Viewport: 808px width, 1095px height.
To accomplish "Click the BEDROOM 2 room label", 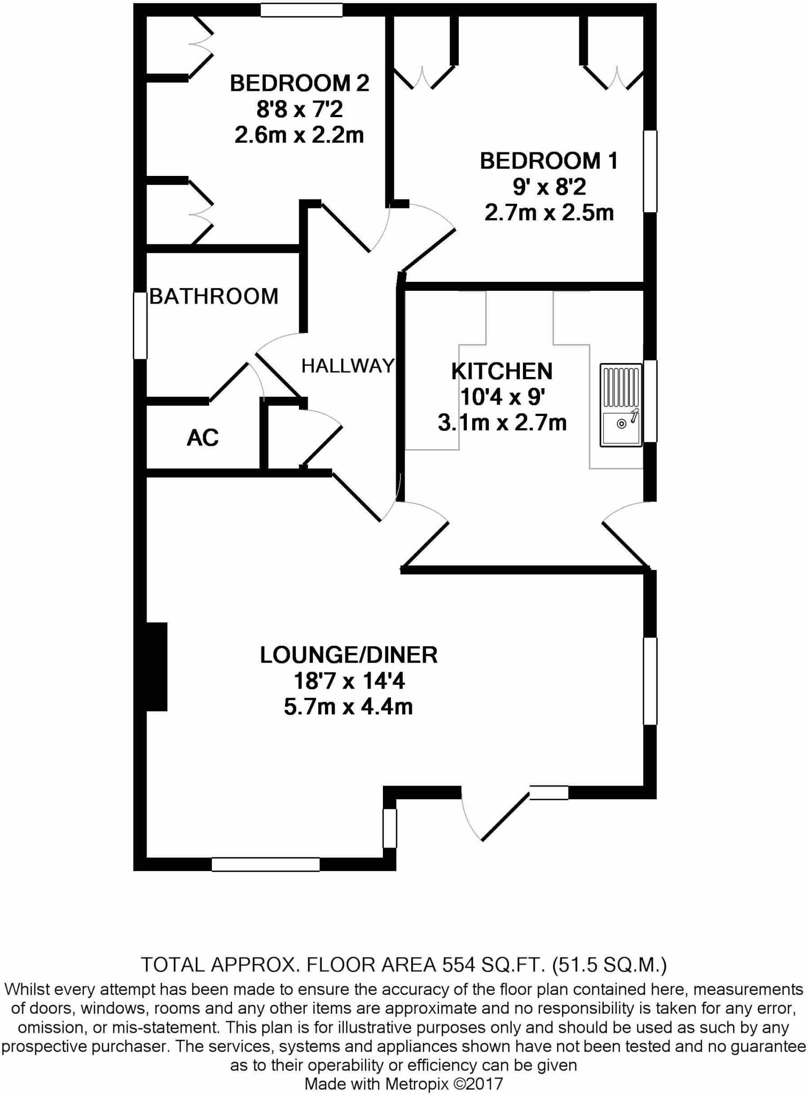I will pyautogui.click(x=299, y=83).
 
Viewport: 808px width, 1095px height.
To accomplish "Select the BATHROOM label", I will pyautogui.click(x=213, y=296).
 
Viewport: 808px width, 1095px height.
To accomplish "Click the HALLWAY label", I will pyautogui.click(x=348, y=366).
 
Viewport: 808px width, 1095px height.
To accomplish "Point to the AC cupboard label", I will pyautogui.click(x=203, y=438).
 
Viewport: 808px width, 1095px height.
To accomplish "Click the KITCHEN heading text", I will pyautogui.click(x=502, y=371).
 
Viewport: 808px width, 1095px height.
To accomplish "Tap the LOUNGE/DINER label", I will pyautogui.click(x=349, y=655).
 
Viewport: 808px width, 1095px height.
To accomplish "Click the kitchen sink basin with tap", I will pyautogui.click(x=620, y=428).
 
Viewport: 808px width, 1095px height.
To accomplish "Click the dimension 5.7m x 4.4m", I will pyautogui.click(x=348, y=707).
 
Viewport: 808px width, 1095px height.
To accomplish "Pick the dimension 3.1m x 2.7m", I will pyautogui.click(x=502, y=423).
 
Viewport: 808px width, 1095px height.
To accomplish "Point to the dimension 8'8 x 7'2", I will pyautogui.click(x=299, y=110).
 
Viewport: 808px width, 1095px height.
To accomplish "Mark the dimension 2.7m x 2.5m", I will pyautogui.click(x=549, y=213).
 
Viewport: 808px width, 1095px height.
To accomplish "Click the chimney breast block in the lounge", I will pyautogui.click(x=157, y=666).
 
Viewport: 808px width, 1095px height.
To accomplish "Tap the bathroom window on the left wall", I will pyautogui.click(x=140, y=325).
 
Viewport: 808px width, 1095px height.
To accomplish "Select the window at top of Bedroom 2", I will pyautogui.click(x=302, y=10).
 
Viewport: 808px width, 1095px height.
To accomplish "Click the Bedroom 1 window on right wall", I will pyautogui.click(x=650, y=171).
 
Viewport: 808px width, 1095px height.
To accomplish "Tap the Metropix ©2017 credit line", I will pyautogui.click(x=404, y=1084).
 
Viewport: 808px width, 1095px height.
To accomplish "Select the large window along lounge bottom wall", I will pyautogui.click(x=266, y=864).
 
